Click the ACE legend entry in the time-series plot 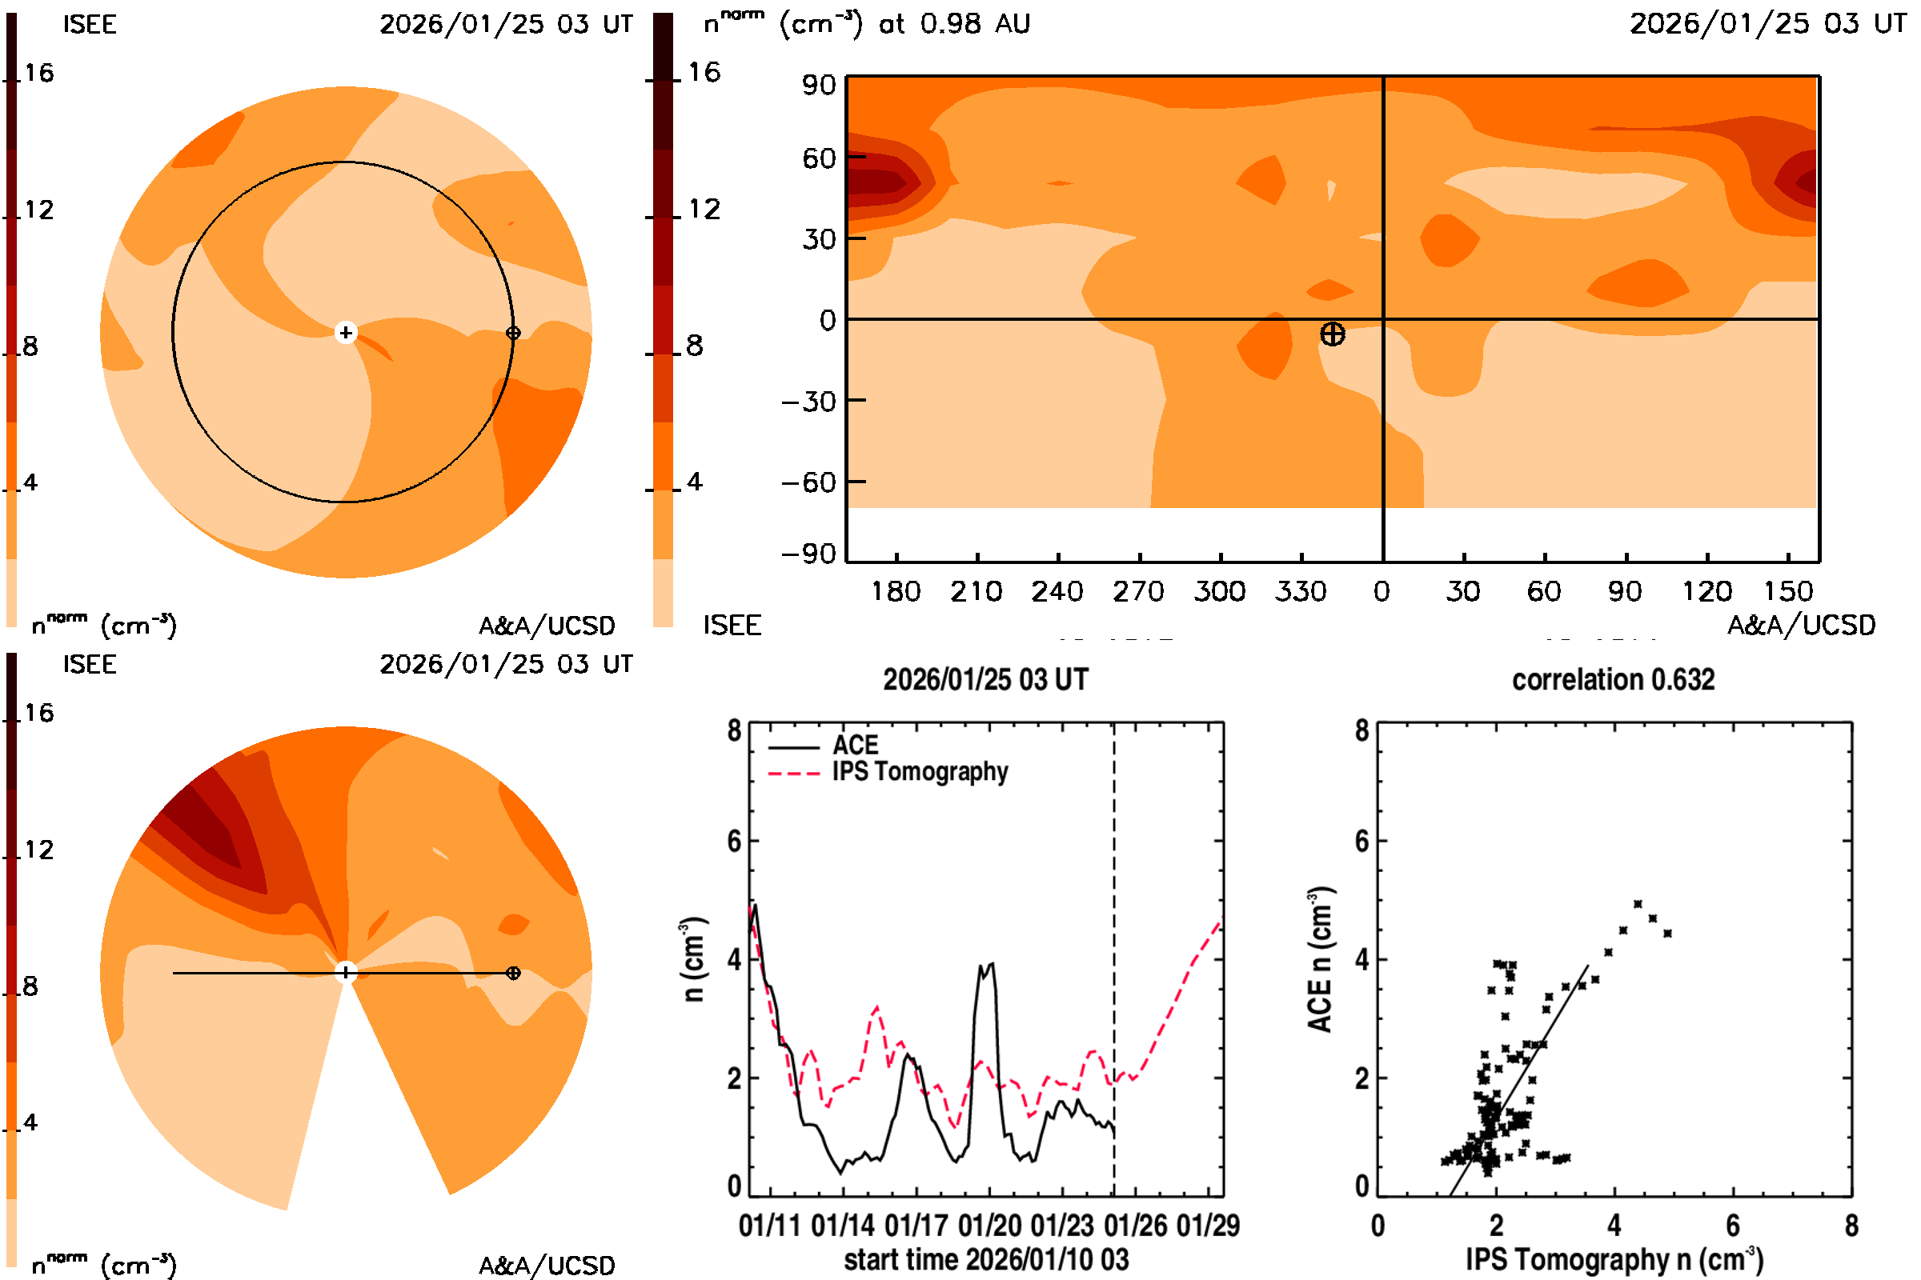pos(854,746)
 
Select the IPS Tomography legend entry pos(919,772)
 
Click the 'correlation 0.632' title pos(1612,680)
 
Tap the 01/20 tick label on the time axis pos(989,1226)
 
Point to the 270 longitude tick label pos(1137,591)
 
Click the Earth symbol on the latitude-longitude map pos(1332,334)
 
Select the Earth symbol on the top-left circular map pos(513,333)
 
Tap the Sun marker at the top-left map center pos(346,333)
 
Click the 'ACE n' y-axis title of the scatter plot pos(1320,960)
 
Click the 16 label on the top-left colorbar pos(38,74)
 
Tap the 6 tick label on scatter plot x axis pos(1732,1226)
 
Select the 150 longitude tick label pos(1788,591)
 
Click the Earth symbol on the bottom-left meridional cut pos(513,973)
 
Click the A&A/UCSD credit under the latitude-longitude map pos(1801,626)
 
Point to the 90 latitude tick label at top pos(818,85)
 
